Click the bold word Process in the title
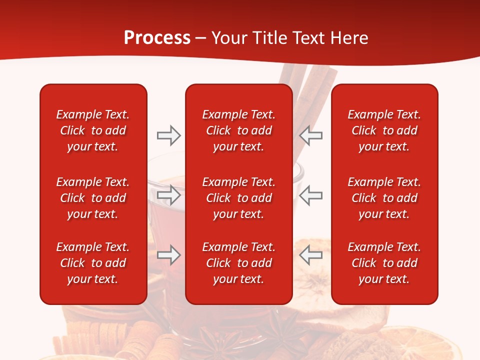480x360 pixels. (157, 38)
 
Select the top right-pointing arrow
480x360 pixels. (168, 135)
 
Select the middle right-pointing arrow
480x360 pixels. (168, 195)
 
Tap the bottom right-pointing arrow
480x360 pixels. (168, 255)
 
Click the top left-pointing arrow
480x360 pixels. (310, 135)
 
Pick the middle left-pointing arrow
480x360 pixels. (310, 195)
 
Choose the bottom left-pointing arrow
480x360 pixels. (310, 255)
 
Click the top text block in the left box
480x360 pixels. (93, 130)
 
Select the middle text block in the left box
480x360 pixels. (93, 198)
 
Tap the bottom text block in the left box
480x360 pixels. (93, 263)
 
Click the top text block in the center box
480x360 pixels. (238, 130)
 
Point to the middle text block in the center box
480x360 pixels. (238, 198)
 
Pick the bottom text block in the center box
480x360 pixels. (238, 263)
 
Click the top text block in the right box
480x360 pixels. (384, 130)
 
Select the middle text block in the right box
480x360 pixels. (384, 198)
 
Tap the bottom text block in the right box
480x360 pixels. (384, 263)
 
